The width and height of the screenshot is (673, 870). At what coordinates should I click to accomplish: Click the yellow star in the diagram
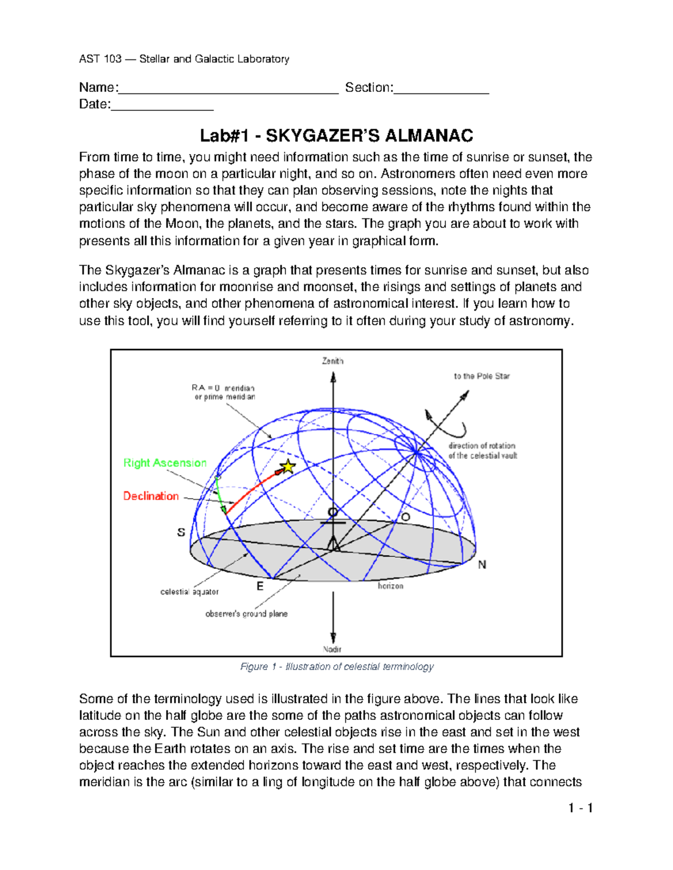point(287,466)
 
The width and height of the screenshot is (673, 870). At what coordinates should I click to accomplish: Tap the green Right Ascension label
point(165,463)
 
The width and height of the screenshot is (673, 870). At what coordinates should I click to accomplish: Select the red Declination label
point(151,496)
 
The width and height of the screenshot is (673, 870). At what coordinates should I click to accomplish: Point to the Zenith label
point(333,361)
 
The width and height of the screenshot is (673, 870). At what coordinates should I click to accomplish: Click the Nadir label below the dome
point(333,649)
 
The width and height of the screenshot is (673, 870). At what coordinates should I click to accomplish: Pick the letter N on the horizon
point(482,565)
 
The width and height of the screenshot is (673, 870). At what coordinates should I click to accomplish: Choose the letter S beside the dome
point(181,532)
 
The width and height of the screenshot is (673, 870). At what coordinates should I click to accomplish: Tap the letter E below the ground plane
point(260,586)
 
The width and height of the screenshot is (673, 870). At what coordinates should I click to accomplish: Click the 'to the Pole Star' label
point(482,376)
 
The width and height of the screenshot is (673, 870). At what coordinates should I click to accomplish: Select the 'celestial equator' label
point(190,592)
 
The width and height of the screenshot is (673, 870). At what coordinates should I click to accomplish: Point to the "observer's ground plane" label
point(246,613)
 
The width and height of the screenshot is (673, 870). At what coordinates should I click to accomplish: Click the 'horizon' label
point(390,586)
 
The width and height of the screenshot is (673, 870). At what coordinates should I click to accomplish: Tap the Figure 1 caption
point(336,667)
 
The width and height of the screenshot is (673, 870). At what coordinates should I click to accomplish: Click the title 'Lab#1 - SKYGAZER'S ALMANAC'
point(336,136)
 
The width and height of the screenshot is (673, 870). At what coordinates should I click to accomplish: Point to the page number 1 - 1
point(580,808)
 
